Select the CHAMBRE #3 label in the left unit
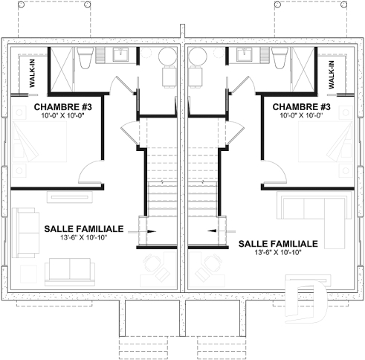point(62,107)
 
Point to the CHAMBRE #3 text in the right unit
point(301,107)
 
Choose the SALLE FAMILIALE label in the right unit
point(278,243)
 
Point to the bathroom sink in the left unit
point(120,54)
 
